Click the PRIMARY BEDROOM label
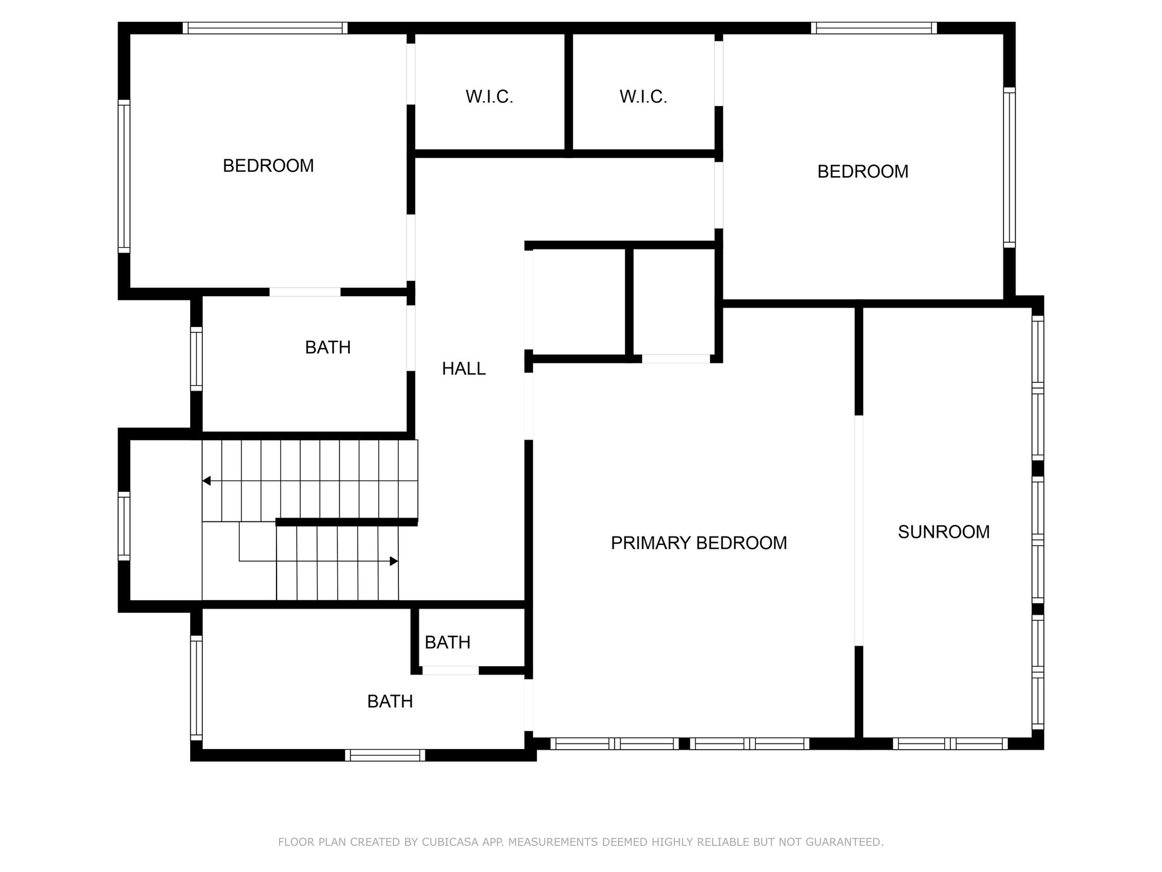click(698, 543)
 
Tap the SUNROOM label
click(944, 532)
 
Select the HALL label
click(464, 369)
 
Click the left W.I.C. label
click(489, 97)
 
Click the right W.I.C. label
click(643, 97)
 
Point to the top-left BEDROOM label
click(268, 166)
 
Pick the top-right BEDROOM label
click(862, 172)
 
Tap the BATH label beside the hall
click(327, 348)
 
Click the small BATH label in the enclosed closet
click(447, 642)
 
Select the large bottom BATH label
click(390, 702)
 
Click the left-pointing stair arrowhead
click(206, 481)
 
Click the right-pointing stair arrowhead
click(394, 561)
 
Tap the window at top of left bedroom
click(265, 28)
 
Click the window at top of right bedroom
click(873, 28)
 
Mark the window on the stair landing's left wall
click(123, 526)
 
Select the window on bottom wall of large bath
click(385, 755)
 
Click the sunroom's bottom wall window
click(950, 744)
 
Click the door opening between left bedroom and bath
click(305, 292)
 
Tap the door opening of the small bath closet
click(450, 670)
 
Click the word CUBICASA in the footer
click(462, 842)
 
